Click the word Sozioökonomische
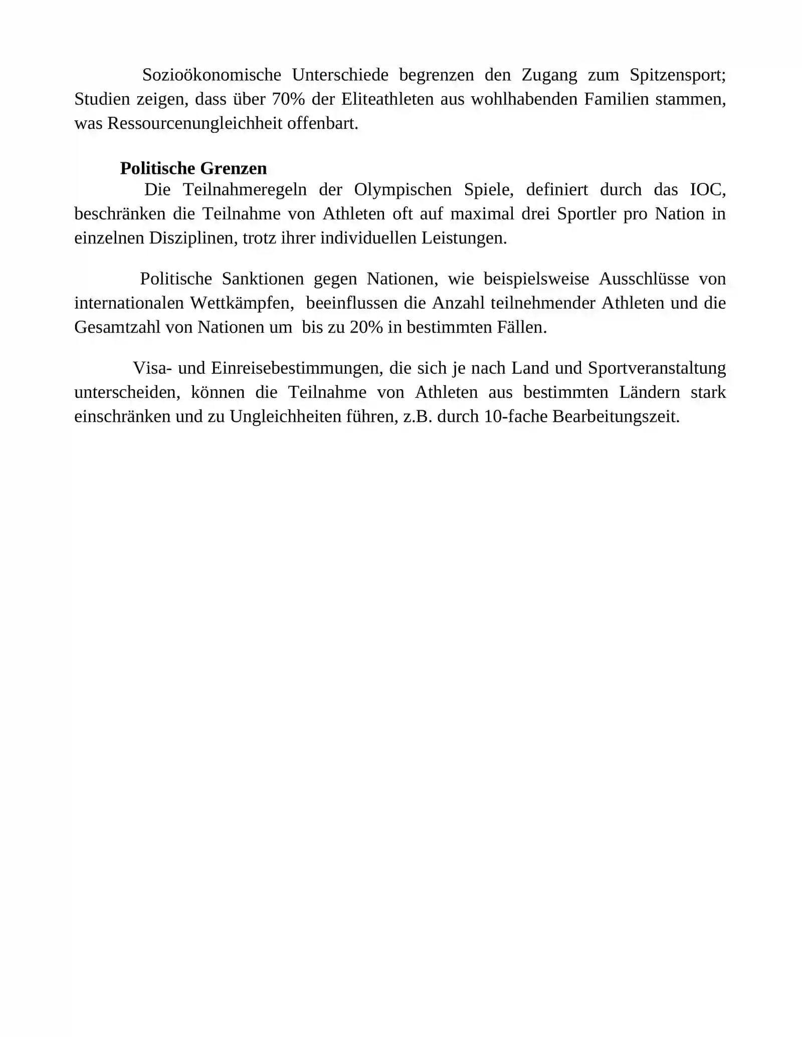coord(212,75)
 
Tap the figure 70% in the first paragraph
coord(288,99)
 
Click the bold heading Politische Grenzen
coord(193,168)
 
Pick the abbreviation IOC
coord(707,190)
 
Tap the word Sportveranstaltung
coord(657,368)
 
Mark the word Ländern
coord(649,392)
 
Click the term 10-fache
coord(516,417)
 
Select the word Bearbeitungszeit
coord(616,417)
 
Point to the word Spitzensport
coord(677,75)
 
